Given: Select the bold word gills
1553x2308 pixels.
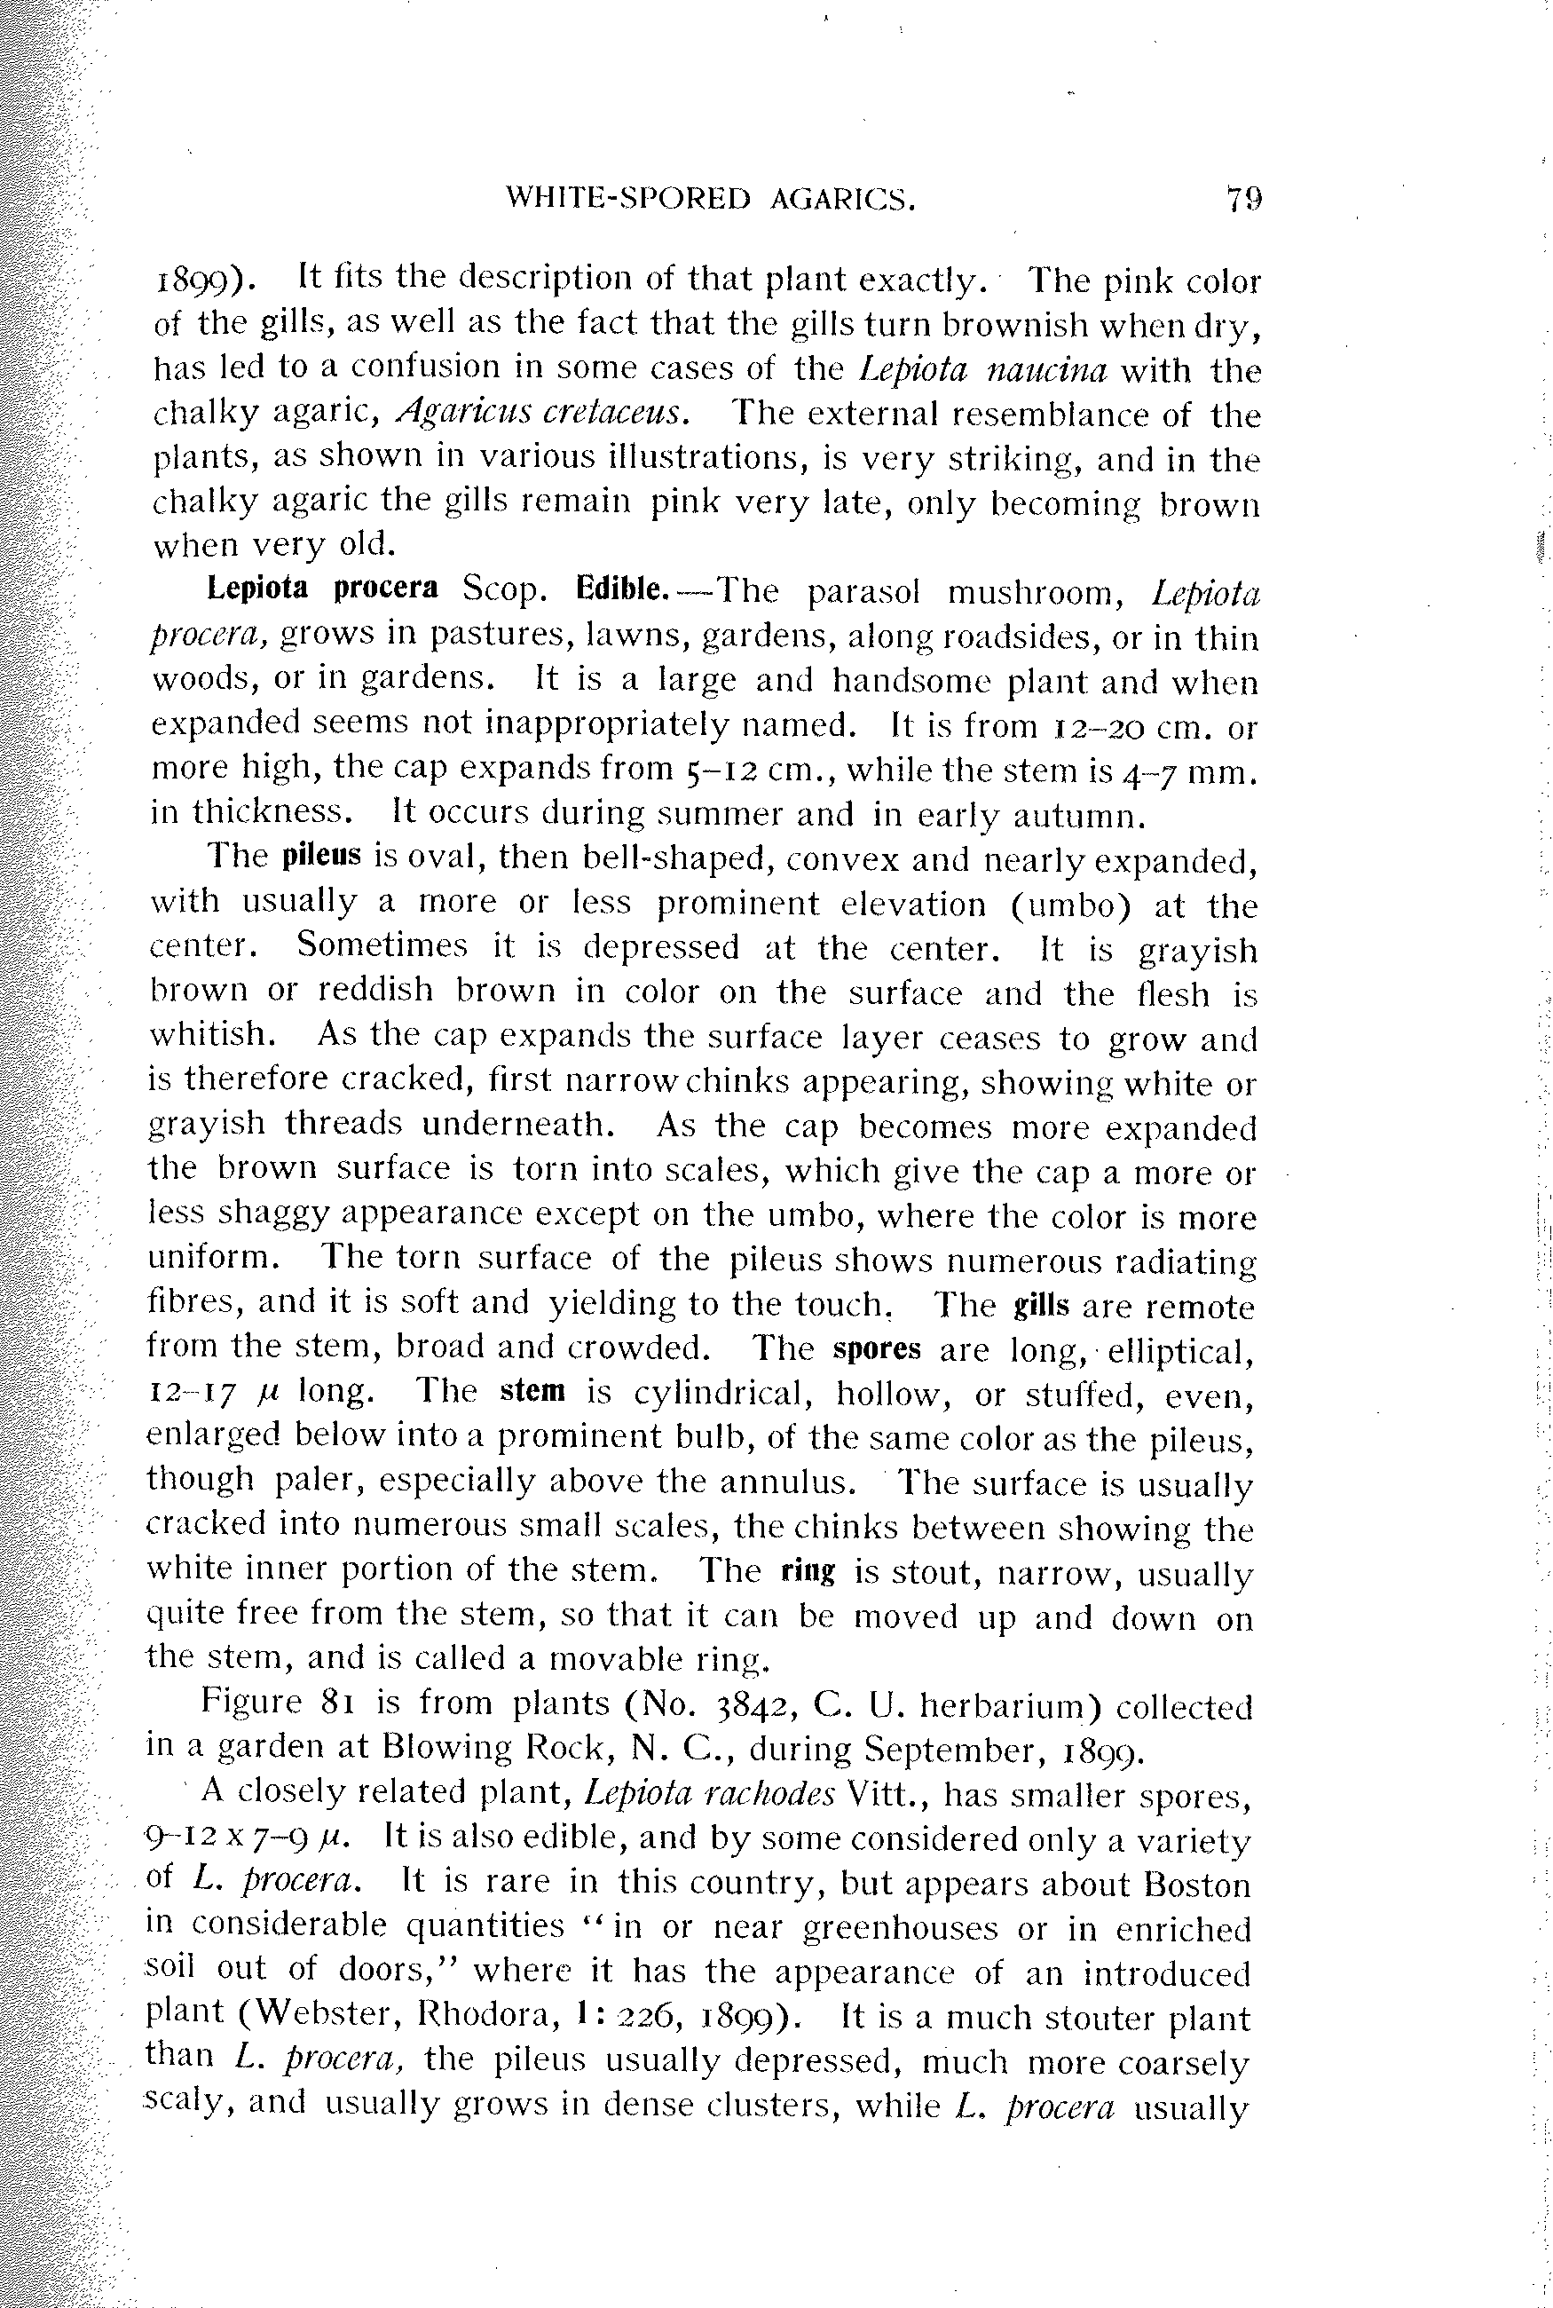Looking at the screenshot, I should (x=1042, y=1306).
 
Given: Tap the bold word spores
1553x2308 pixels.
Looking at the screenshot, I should (x=878, y=1349).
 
